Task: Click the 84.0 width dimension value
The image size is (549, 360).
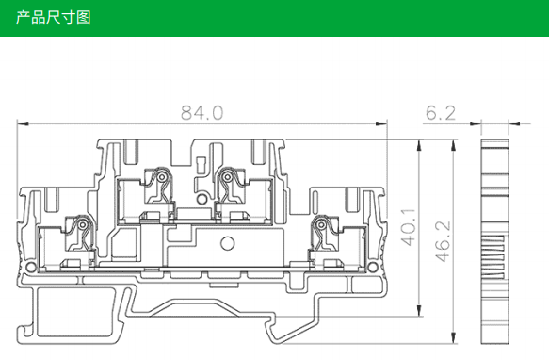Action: click(x=202, y=113)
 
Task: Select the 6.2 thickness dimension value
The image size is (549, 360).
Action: click(x=441, y=113)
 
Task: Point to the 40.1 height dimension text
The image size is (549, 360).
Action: click(x=409, y=227)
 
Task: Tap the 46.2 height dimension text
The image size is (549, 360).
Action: click(x=443, y=241)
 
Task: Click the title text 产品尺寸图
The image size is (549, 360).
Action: click(x=54, y=17)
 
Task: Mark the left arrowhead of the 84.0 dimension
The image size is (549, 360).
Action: click(x=23, y=123)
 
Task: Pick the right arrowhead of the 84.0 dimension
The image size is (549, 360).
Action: click(x=381, y=123)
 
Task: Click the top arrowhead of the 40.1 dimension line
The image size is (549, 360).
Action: click(x=419, y=145)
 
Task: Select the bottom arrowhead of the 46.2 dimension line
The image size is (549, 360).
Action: click(x=454, y=338)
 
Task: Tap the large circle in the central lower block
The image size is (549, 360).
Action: click(x=227, y=243)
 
